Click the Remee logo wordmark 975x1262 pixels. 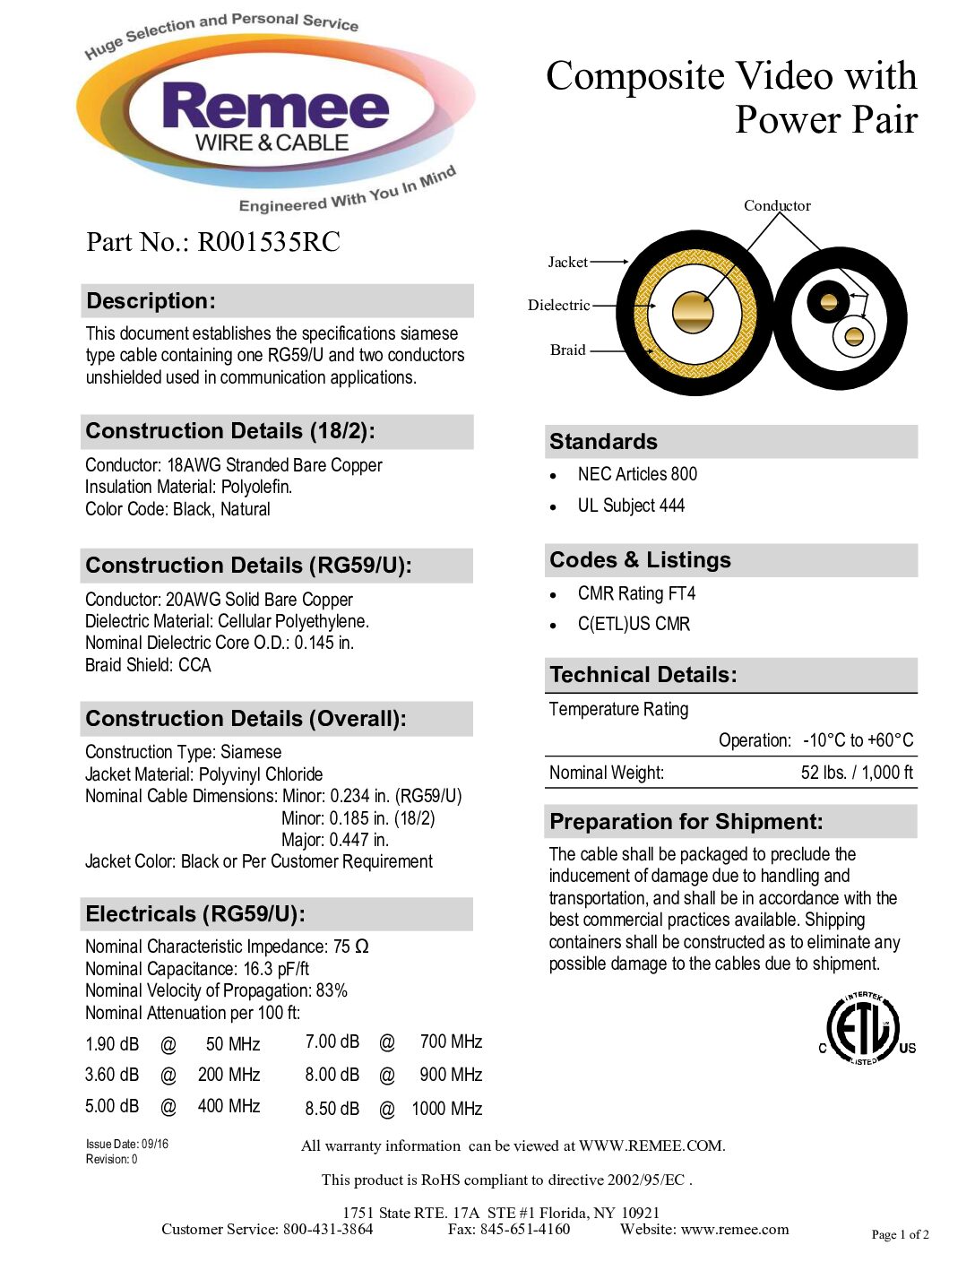[x=275, y=108]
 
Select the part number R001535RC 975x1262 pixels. [x=269, y=242]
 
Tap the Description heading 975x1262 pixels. [x=151, y=301]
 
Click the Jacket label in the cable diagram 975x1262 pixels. [x=567, y=262]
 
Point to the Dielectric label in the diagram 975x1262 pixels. [x=558, y=305]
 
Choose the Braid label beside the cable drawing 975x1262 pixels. [x=567, y=350]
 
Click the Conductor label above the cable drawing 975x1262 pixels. [x=777, y=205]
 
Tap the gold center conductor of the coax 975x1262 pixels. [x=694, y=312]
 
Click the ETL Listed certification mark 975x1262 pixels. [x=864, y=1028]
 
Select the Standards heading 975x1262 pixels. [x=603, y=442]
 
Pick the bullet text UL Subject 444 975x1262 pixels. [x=631, y=506]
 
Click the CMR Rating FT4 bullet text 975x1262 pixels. [x=636, y=593]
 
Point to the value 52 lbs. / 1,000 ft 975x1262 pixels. [x=857, y=773]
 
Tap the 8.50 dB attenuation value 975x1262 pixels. [x=332, y=1109]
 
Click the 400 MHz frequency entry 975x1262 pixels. [x=229, y=1106]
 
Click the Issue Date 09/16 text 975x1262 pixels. [x=127, y=1144]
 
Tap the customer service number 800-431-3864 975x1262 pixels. [x=328, y=1229]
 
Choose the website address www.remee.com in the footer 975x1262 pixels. [x=735, y=1229]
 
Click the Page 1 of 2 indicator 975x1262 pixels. [x=900, y=1234]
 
